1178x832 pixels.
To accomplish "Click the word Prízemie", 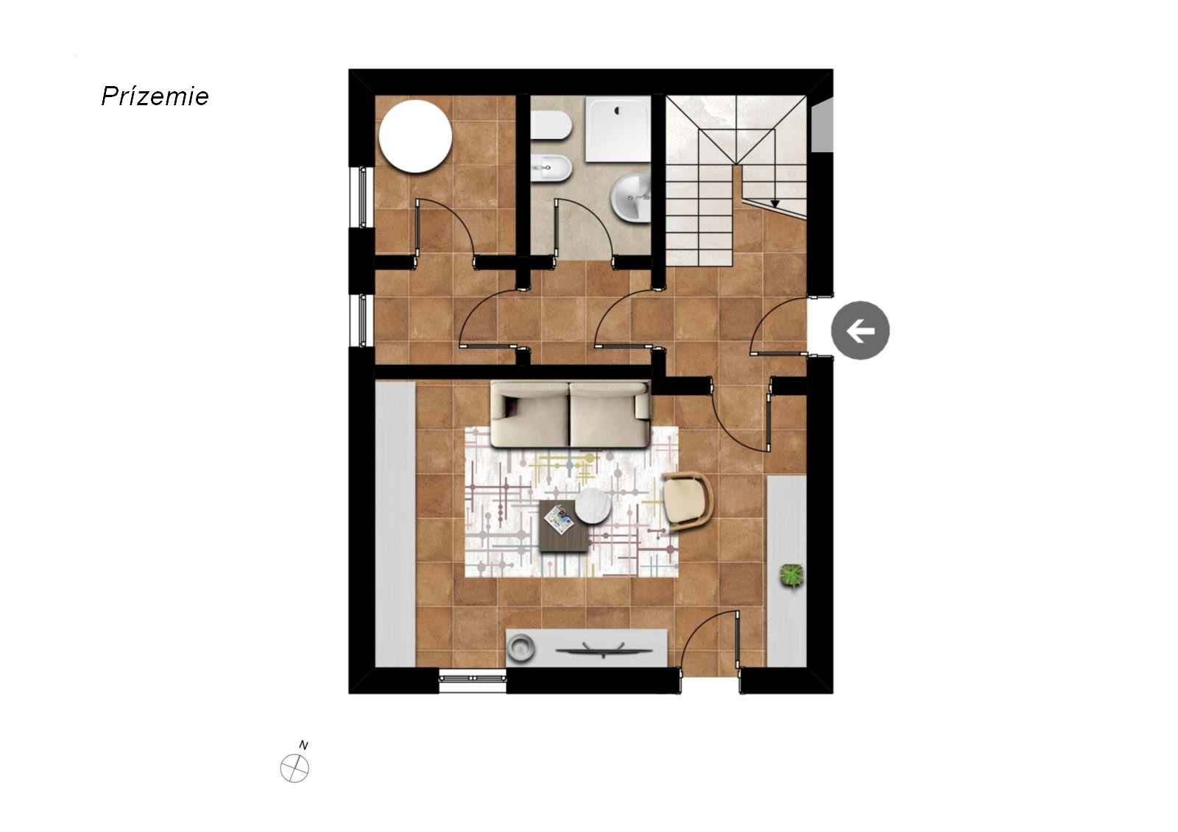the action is (155, 96).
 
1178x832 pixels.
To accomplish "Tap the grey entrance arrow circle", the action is (860, 330).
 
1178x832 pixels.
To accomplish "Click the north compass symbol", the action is (294, 769).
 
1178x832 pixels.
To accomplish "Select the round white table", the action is (415, 136).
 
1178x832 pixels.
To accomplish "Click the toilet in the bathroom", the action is (551, 124).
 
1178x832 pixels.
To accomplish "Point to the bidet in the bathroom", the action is (551, 168).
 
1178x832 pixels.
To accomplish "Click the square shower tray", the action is (618, 129).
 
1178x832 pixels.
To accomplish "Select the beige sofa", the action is (571, 415).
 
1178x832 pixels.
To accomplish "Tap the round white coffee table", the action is (593, 505).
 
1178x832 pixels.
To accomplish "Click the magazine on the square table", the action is (559, 519).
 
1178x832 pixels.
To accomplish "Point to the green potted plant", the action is (791, 576).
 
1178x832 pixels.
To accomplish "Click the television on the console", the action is (604, 650).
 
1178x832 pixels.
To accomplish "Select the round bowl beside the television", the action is (521, 647).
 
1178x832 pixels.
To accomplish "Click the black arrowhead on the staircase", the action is (775, 203).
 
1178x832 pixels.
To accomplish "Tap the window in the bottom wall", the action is (472, 678).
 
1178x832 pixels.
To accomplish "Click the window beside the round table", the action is (361, 197).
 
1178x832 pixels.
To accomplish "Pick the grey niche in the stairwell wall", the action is (822, 127).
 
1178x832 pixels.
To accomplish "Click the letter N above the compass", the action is (303, 744).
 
